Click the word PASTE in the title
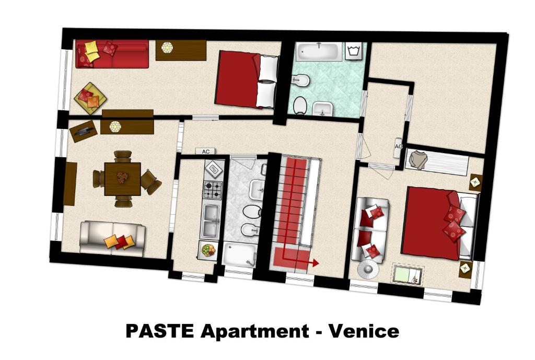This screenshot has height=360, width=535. click(x=160, y=331)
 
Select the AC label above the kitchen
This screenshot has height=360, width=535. click(x=206, y=152)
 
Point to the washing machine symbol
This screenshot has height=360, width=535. click(x=355, y=52)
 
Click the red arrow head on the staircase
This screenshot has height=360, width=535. click(x=315, y=263)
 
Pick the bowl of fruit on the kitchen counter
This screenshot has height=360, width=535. click(x=208, y=250)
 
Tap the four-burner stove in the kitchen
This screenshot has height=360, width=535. click(x=213, y=190)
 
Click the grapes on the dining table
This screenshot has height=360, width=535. click(x=122, y=178)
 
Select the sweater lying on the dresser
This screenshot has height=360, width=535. click(x=417, y=159)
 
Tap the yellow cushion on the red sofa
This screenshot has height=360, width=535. click(x=92, y=52)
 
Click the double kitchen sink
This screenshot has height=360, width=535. click(x=212, y=220)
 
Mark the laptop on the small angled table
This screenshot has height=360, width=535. click(x=82, y=130)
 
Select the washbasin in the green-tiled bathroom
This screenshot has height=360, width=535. click(x=322, y=109)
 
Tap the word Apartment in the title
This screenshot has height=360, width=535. click(x=254, y=331)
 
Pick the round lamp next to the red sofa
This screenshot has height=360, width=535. click(x=167, y=48)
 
